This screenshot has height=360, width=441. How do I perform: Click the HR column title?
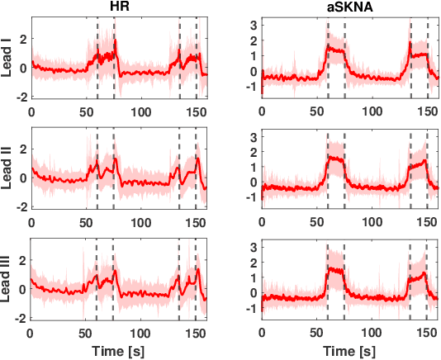coord(119,7)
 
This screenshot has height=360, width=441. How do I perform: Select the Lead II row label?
coord(7,169)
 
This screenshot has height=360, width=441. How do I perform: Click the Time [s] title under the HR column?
coord(119,351)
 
